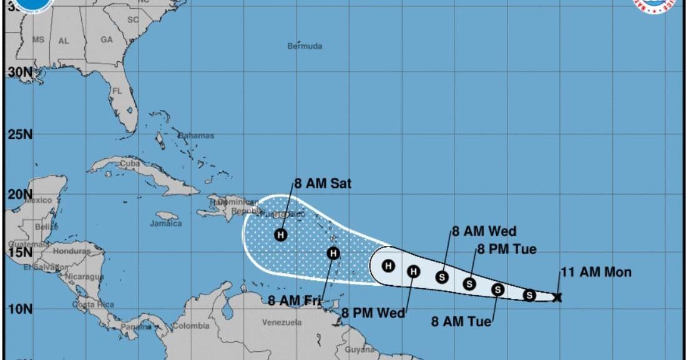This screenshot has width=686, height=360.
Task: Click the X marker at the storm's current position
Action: click(x=557, y=298)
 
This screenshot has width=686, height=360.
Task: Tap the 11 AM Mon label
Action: click(x=596, y=272)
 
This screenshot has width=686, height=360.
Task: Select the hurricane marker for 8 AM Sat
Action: click(x=281, y=235)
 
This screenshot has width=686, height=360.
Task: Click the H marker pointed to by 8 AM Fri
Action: click(x=333, y=253)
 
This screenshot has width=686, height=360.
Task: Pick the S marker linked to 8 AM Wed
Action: click(x=443, y=277)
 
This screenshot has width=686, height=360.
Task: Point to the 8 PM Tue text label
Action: click(x=507, y=250)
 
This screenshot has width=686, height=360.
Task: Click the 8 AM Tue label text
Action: click(x=461, y=322)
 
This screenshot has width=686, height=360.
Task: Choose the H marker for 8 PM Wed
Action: click(x=413, y=271)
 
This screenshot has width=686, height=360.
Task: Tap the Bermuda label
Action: click(x=305, y=46)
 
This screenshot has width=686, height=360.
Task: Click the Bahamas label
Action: click(x=196, y=135)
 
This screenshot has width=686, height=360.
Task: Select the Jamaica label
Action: click(x=165, y=223)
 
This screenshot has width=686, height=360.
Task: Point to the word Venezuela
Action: click(x=282, y=323)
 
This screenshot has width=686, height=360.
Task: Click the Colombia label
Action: click(x=191, y=326)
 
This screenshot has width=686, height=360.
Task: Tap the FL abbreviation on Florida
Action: click(x=117, y=90)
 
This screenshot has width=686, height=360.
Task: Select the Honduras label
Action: click(x=72, y=251)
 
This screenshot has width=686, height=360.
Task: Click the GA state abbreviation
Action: click(x=107, y=39)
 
